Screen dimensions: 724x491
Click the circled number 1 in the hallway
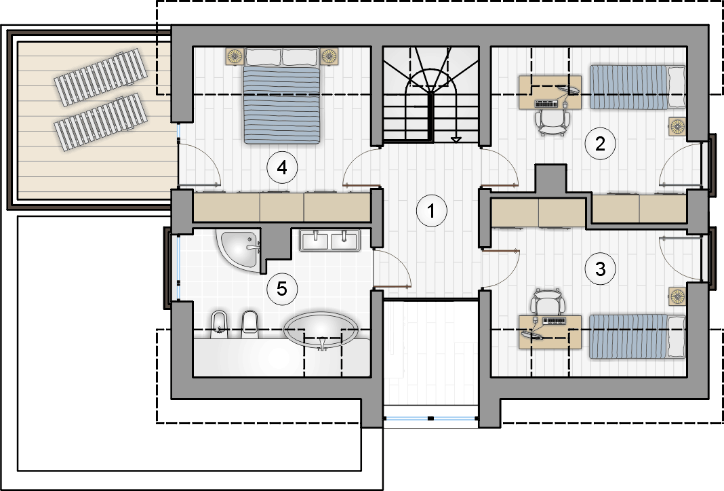[431, 211]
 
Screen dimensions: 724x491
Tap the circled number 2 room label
[600, 144]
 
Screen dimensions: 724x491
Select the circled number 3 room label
[600, 269]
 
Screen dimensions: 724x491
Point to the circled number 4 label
[282, 168]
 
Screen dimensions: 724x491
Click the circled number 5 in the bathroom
[281, 289]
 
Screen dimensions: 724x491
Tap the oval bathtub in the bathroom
[321, 330]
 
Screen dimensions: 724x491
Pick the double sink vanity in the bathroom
[329, 240]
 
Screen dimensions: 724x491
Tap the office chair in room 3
[548, 302]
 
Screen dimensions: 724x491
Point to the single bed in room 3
[637, 336]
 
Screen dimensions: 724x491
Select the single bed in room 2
[637, 87]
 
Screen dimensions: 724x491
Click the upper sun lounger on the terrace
[100, 77]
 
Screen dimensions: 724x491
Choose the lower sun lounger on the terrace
[100, 122]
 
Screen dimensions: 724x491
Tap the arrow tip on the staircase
[456, 141]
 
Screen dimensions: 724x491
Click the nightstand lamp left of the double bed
[235, 56]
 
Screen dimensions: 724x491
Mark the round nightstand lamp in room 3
[677, 296]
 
